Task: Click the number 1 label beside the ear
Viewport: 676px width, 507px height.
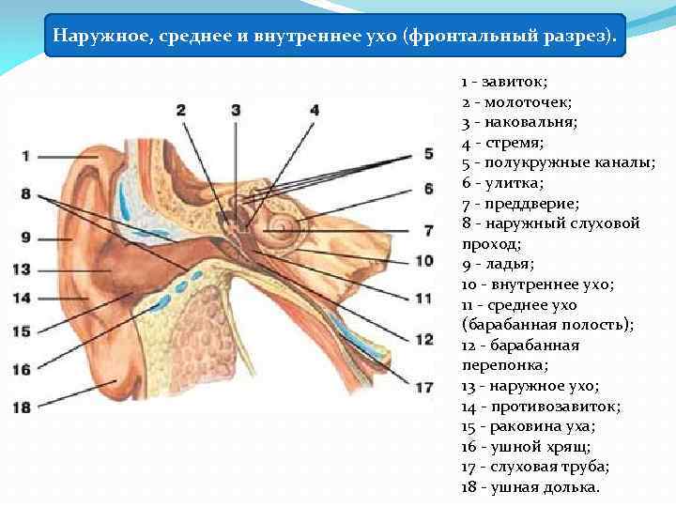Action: pos(26,155)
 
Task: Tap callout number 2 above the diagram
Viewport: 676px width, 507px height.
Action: pos(181,110)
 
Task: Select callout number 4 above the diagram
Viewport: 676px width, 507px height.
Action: pos(314,110)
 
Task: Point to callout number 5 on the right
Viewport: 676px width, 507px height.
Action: pos(427,153)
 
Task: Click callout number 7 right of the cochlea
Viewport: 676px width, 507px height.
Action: pos(427,229)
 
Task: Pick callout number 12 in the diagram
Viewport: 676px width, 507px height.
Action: pos(424,338)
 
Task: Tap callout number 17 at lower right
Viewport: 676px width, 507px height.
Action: pos(424,386)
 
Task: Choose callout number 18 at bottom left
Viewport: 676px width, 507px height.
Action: pos(22,407)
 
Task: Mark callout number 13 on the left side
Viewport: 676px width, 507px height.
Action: pos(22,269)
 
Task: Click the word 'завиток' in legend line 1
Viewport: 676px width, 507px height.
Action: pos(508,82)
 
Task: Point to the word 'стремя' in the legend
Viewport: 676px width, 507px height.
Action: pos(510,143)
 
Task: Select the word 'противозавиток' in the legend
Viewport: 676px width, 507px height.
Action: pos(548,407)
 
